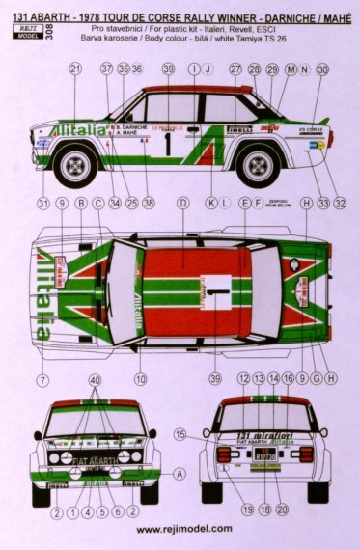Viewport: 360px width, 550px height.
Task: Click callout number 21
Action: tap(75, 69)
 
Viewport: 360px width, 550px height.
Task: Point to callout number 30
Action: tap(321, 69)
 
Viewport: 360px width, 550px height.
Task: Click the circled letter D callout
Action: tap(182, 204)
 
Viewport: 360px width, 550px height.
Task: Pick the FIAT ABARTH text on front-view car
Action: tap(95, 461)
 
